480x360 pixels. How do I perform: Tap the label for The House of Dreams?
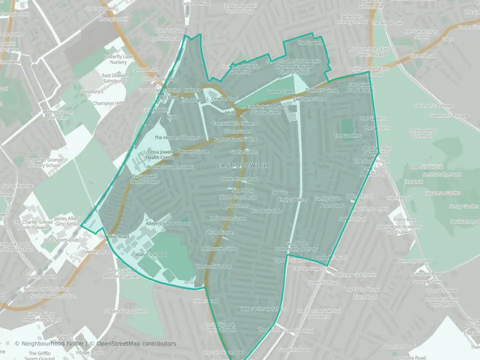pos(177,137)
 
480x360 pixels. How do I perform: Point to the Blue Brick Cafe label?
pos(266,211)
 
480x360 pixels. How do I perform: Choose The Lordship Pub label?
pos(213,266)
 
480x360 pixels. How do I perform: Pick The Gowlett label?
pos(308,43)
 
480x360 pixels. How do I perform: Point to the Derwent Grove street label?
pos(193,151)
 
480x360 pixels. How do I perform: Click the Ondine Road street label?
pos(225,99)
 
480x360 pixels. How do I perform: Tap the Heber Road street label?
pos(206,301)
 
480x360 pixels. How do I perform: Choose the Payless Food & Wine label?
pos(236,139)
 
